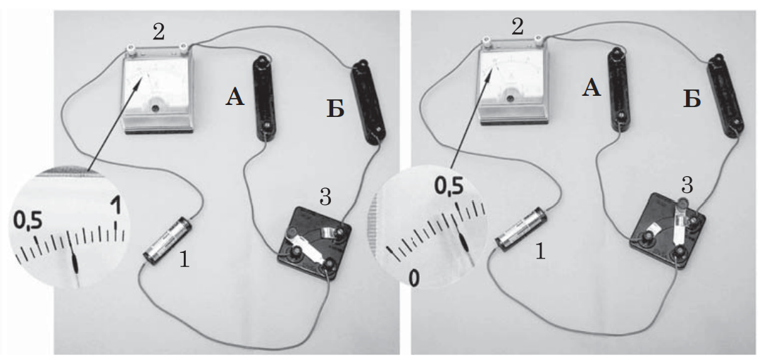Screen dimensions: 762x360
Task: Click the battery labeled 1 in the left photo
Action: point(167,240)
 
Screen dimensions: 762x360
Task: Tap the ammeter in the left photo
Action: point(158,92)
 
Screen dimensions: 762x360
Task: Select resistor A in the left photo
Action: point(263,98)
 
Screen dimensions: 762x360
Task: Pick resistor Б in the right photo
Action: point(725,95)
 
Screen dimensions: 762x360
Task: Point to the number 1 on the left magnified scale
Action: point(115,206)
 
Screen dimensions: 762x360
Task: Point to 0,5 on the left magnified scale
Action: point(27,221)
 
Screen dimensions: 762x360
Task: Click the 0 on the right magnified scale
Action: point(413,278)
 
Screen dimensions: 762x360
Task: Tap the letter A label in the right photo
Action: point(591,89)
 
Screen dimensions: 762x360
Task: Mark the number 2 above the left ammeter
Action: point(158,32)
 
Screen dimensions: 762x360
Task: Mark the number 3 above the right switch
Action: point(687,185)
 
